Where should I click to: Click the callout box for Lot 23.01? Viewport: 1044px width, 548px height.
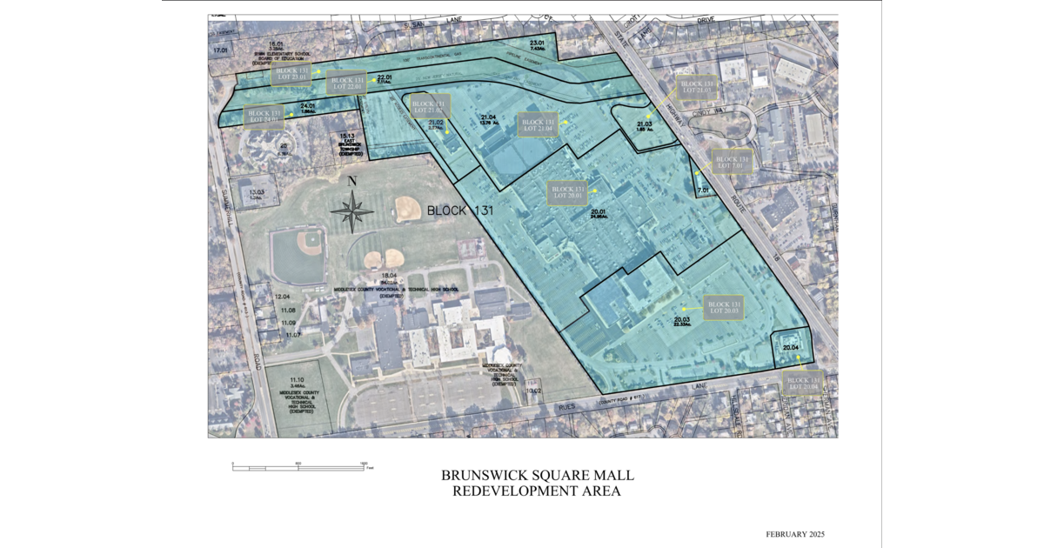pyautogui.click(x=295, y=73)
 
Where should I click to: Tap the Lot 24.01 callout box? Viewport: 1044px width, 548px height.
pyautogui.click(x=264, y=117)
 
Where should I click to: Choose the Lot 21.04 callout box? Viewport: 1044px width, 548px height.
pyautogui.click(x=538, y=125)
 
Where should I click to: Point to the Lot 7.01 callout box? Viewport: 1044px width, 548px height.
pyautogui.click(x=732, y=163)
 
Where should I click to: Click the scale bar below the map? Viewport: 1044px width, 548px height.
pyautogui.click(x=298, y=467)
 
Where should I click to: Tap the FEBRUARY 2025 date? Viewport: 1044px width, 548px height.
pyautogui.click(x=794, y=533)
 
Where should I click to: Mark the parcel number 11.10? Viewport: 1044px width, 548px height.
pyautogui.click(x=295, y=380)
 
